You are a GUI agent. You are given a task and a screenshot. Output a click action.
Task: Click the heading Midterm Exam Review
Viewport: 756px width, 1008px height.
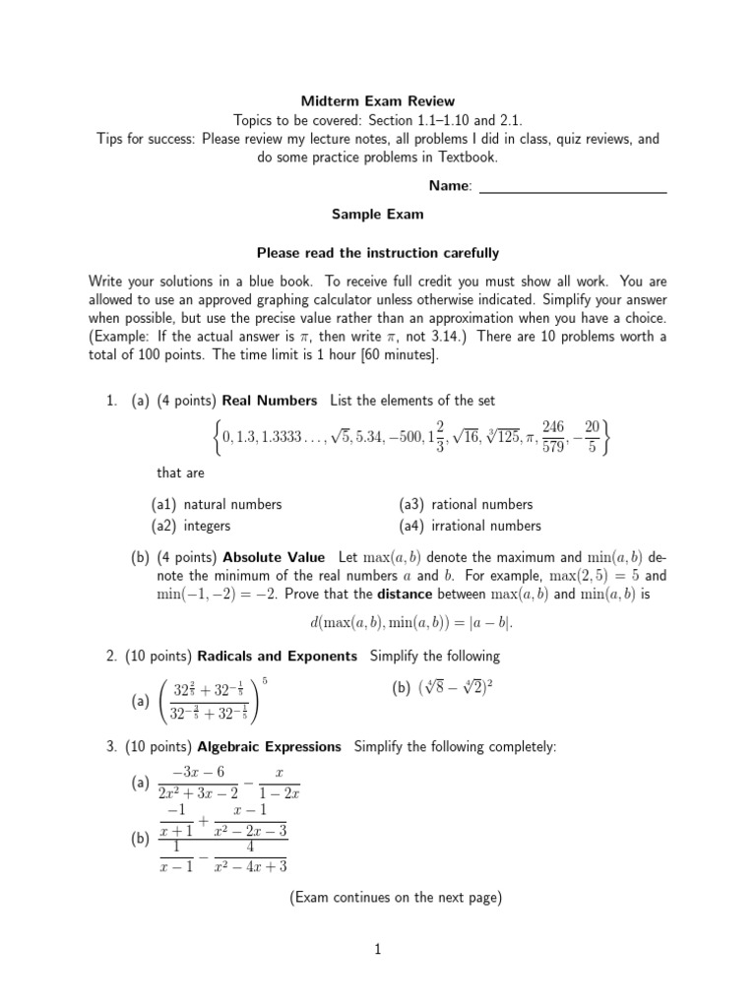(378, 100)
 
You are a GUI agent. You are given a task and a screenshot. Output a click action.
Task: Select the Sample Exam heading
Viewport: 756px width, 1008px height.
(378, 213)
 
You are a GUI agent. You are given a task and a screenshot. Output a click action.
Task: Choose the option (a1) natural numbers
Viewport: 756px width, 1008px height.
(217, 504)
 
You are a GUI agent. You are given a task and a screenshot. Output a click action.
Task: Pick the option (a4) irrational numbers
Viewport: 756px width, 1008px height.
(471, 526)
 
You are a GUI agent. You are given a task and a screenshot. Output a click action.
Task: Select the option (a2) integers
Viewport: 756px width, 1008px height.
(191, 526)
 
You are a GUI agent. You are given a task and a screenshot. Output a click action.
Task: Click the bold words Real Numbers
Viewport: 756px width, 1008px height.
(270, 401)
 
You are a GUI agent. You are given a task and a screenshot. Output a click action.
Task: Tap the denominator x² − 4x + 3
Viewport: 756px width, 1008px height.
(251, 866)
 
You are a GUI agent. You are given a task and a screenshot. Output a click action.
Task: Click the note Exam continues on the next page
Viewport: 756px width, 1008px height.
(396, 897)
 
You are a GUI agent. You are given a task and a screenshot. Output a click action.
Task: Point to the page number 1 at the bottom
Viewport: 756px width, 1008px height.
(377, 949)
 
